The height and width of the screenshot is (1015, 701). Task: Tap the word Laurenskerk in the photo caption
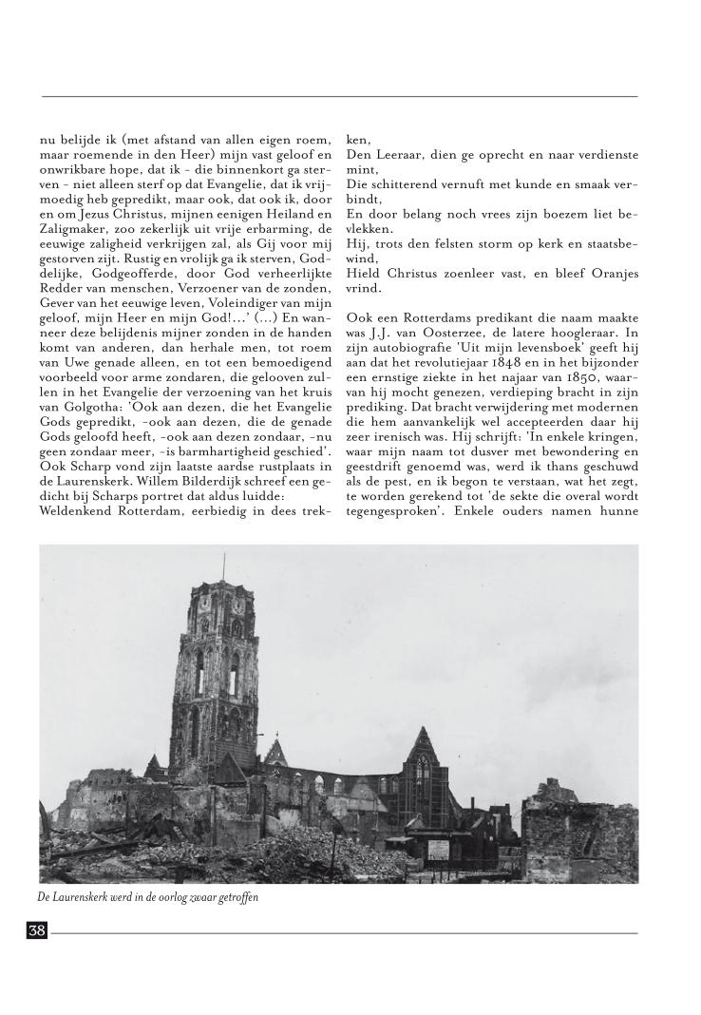[x=84, y=897]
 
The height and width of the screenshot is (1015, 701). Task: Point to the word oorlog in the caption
[x=182, y=897]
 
